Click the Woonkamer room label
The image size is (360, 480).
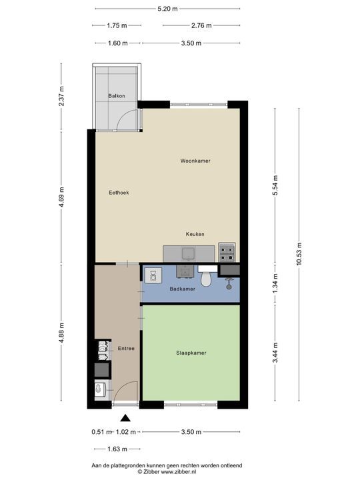coord(195,161)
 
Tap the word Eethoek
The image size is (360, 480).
coord(119,193)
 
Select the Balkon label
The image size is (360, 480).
coord(116,97)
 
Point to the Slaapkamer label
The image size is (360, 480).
coord(191,353)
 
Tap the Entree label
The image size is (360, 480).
coord(127,349)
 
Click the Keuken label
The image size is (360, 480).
coord(195,234)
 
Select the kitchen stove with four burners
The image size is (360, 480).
coord(227,253)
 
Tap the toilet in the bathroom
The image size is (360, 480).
coord(206,277)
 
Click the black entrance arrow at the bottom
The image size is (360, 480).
coord(125,418)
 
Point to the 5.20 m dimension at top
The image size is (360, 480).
coord(167,9)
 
